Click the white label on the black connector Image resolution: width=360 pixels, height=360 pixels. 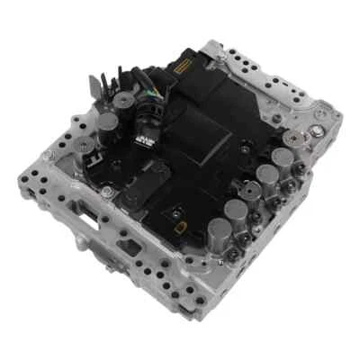tap(145, 140)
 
